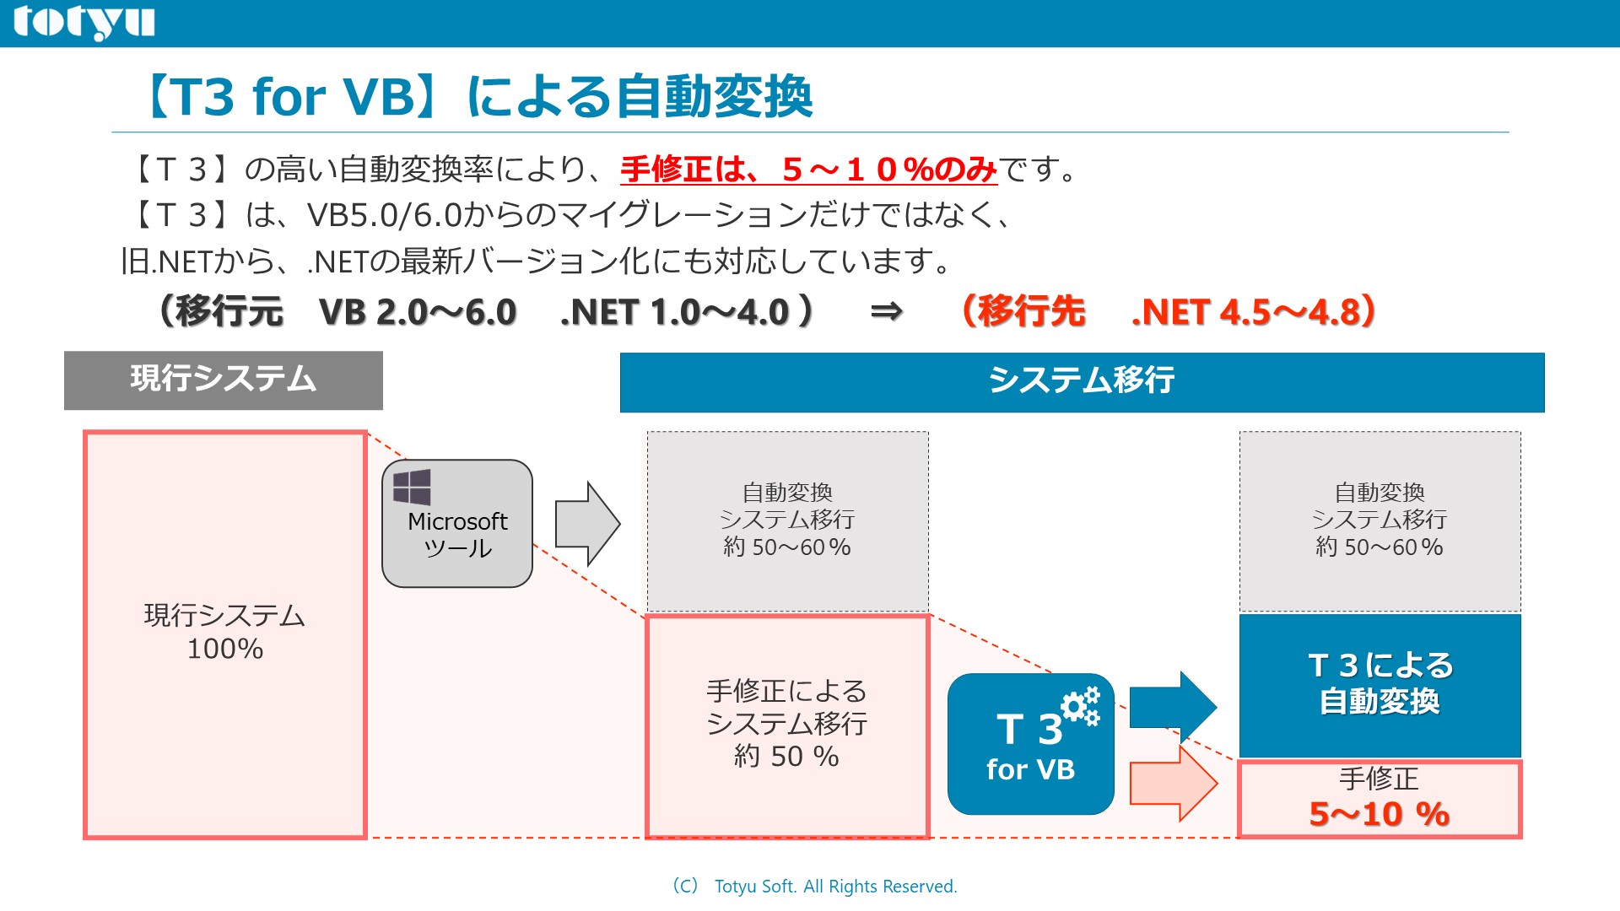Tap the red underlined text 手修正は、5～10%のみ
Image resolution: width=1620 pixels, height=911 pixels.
point(807,170)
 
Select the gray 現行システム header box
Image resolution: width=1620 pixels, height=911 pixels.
point(223,380)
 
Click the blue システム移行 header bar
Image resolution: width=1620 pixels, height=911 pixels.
point(1081,381)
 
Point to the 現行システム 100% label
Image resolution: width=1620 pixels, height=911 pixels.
point(224,632)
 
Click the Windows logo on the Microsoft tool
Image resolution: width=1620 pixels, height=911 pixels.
point(412,487)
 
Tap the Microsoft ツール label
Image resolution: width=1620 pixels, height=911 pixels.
point(457,535)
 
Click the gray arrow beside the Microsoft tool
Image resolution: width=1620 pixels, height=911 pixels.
point(586,524)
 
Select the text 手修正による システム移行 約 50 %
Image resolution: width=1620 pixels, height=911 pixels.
point(786,724)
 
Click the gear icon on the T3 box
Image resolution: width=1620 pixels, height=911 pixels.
point(1080,706)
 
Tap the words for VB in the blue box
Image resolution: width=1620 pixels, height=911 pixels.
point(1030,769)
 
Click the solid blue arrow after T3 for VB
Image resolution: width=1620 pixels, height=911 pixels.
point(1172,707)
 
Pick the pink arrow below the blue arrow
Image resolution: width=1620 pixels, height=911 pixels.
point(1172,783)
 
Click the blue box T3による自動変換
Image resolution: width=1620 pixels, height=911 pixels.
point(1380,684)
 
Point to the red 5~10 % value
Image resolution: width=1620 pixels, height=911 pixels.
point(1379,814)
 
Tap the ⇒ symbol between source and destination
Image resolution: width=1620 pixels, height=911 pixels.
point(886,312)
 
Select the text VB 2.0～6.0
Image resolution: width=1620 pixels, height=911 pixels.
point(418,312)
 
